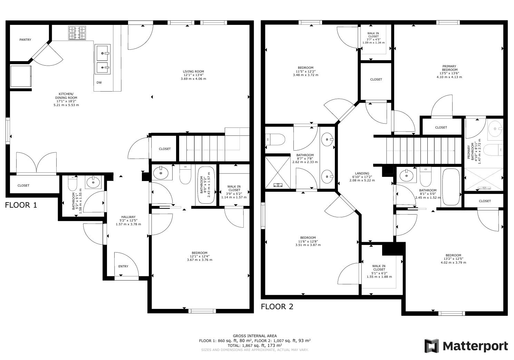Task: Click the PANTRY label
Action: pos(25,40)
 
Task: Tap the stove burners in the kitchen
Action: pos(77,33)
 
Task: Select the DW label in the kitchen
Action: pos(99,83)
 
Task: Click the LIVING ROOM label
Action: pos(193,75)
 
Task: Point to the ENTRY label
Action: pos(123,266)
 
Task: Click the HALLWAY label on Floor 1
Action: pos(128,220)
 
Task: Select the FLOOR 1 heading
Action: pos(21,205)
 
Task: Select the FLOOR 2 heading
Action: pos(277,306)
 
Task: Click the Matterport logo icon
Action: pos(431,346)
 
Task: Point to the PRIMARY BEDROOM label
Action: pos(449,72)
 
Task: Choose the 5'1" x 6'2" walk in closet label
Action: pos(379,271)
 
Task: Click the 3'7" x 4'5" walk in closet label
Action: pos(373,38)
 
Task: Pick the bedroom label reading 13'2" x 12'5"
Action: pos(453,259)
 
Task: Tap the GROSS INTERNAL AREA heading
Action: pos(255,335)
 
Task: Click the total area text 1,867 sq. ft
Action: pos(255,345)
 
